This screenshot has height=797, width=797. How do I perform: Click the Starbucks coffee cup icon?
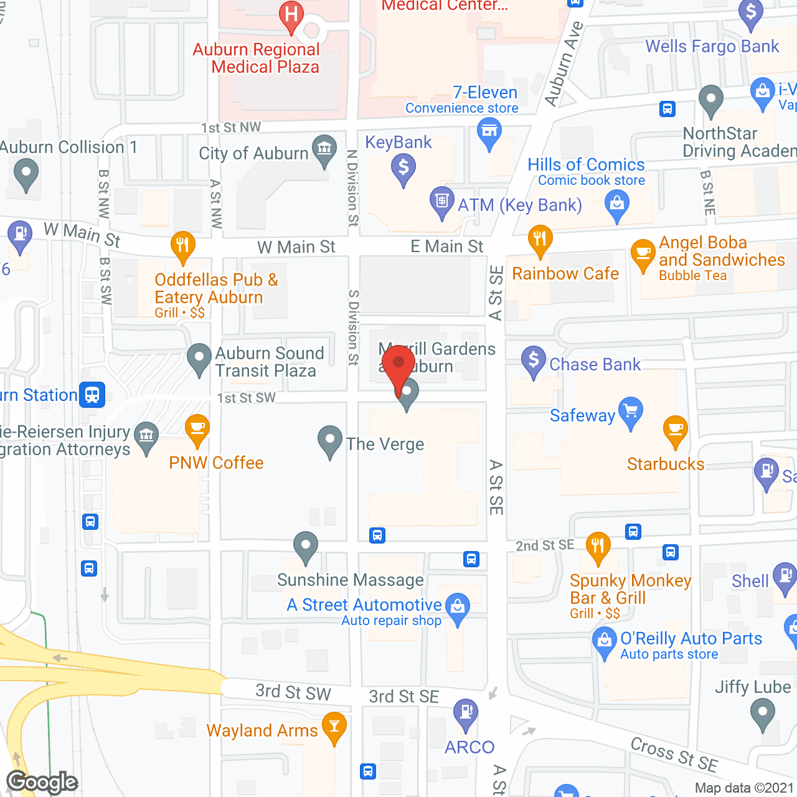click(675, 429)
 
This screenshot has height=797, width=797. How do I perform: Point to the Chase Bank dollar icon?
click(534, 360)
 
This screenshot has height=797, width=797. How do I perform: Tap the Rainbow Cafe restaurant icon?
click(540, 239)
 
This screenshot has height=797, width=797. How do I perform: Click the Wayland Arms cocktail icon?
click(335, 726)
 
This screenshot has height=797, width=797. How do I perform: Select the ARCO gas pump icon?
click(466, 712)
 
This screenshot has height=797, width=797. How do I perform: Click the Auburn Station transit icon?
click(92, 395)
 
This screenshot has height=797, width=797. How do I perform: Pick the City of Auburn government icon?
click(324, 149)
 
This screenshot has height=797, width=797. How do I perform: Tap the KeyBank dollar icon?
click(403, 167)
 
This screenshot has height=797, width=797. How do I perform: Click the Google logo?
click(42, 782)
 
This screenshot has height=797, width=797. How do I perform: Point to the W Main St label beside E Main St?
click(296, 247)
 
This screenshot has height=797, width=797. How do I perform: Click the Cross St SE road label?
click(674, 754)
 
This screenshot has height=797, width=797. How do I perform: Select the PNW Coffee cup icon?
click(197, 428)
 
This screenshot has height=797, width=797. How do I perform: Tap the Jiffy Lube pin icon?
click(762, 712)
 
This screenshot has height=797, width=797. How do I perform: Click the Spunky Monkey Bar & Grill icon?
click(598, 546)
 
